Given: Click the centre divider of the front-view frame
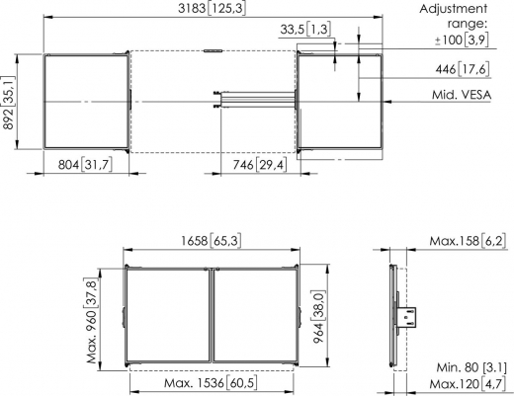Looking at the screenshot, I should (x=212, y=315).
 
